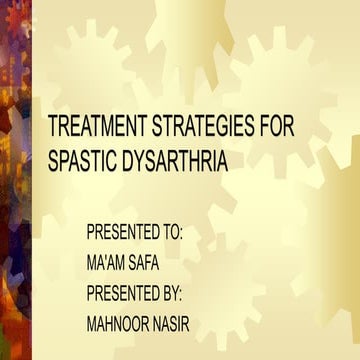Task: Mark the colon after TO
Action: click(183, 234)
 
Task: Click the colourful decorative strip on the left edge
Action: click(15, 180)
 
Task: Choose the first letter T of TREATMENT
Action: click(53, 129)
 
